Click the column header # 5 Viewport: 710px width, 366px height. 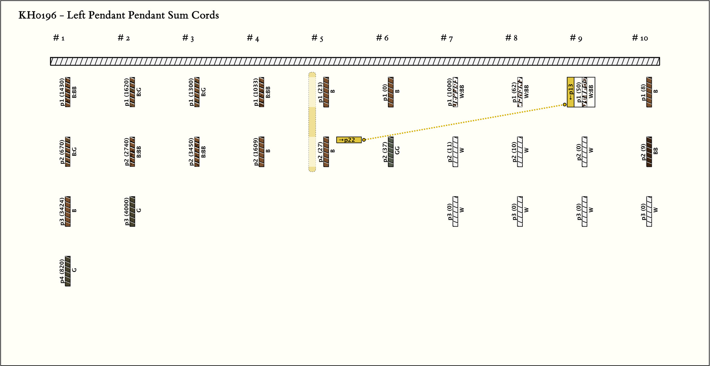coord(317,38)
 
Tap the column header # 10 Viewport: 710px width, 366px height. coord(640,38)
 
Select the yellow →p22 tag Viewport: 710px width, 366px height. coord(349,140)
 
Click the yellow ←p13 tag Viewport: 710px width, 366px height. coord(571,92)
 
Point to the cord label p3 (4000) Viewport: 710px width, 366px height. coord(127,211)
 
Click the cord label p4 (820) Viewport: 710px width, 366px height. coord(62,271)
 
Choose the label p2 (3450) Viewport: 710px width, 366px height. coord(192,152)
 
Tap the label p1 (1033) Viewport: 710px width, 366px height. coord(256,92)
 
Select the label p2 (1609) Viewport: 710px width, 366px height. coord(256,152)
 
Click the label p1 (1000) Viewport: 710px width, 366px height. coord(450,92)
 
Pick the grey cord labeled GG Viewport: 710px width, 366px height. coord(391,152)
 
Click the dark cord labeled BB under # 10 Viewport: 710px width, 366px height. coord(649,152)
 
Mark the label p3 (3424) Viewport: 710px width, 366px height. coord(62,211)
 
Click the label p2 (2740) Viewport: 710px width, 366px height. coord(127,152)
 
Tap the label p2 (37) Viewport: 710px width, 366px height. coord(385,152)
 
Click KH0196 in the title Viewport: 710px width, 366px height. coord(37,15)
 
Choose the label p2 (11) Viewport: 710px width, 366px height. coord(450,152)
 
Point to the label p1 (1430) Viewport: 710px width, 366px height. coord(62,92)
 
